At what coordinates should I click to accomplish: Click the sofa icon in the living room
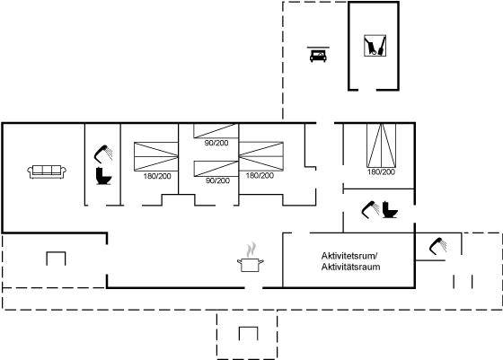click(47, 171)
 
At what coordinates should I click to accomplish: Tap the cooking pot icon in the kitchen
click(251, 265)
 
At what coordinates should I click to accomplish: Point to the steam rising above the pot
click(251, 250)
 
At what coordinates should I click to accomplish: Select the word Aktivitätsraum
click(350, 267)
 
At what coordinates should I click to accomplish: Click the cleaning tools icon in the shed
click(375, 46)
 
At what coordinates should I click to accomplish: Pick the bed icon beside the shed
click(318, 54)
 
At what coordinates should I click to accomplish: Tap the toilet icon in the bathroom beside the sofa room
click(103, 176)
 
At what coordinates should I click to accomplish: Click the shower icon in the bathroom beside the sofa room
click(103, 153)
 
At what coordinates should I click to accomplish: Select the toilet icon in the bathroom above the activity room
click(390, 210)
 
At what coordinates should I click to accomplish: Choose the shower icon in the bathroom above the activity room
click(370, 210)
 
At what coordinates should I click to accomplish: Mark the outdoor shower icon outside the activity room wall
click(438, 246)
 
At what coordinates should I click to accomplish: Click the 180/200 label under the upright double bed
click(381, 171)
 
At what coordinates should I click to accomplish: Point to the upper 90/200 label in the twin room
click(216, 143)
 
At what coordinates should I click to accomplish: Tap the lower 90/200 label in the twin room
click(217, 180)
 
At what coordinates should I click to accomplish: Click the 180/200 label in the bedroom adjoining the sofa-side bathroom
click(157, 176)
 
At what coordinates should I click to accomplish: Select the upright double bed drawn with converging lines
click(382, 145)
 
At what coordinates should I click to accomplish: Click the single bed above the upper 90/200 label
click(216, 131)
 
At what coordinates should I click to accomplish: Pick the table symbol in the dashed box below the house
click(249, 334)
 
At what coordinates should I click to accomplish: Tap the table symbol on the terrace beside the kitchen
click(56, 259)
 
